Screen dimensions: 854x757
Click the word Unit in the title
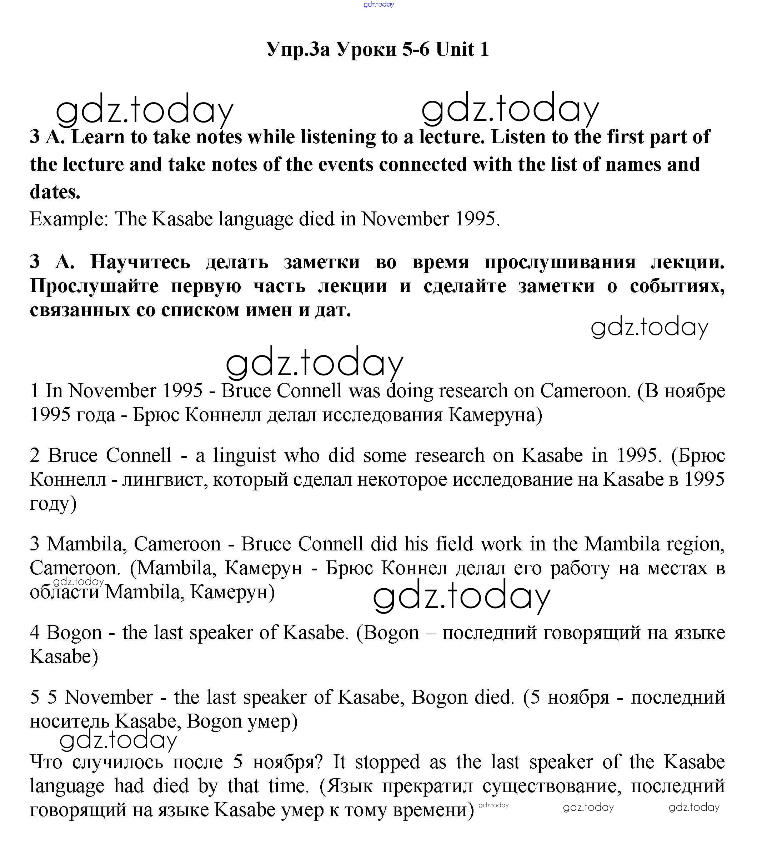tap(455, 49)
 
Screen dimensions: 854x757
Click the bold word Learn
tap(98, 137)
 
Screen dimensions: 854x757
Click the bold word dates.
tap(55, 192)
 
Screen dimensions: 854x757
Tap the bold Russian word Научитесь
tap(140, 262)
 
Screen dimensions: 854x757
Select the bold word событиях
tap(677, 286)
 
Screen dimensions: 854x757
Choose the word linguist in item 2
tap(244, 455)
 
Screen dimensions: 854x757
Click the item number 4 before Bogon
tap(35, 633)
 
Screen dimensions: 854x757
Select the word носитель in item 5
tap(69, 721)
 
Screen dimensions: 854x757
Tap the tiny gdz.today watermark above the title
tap(378, 5)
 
